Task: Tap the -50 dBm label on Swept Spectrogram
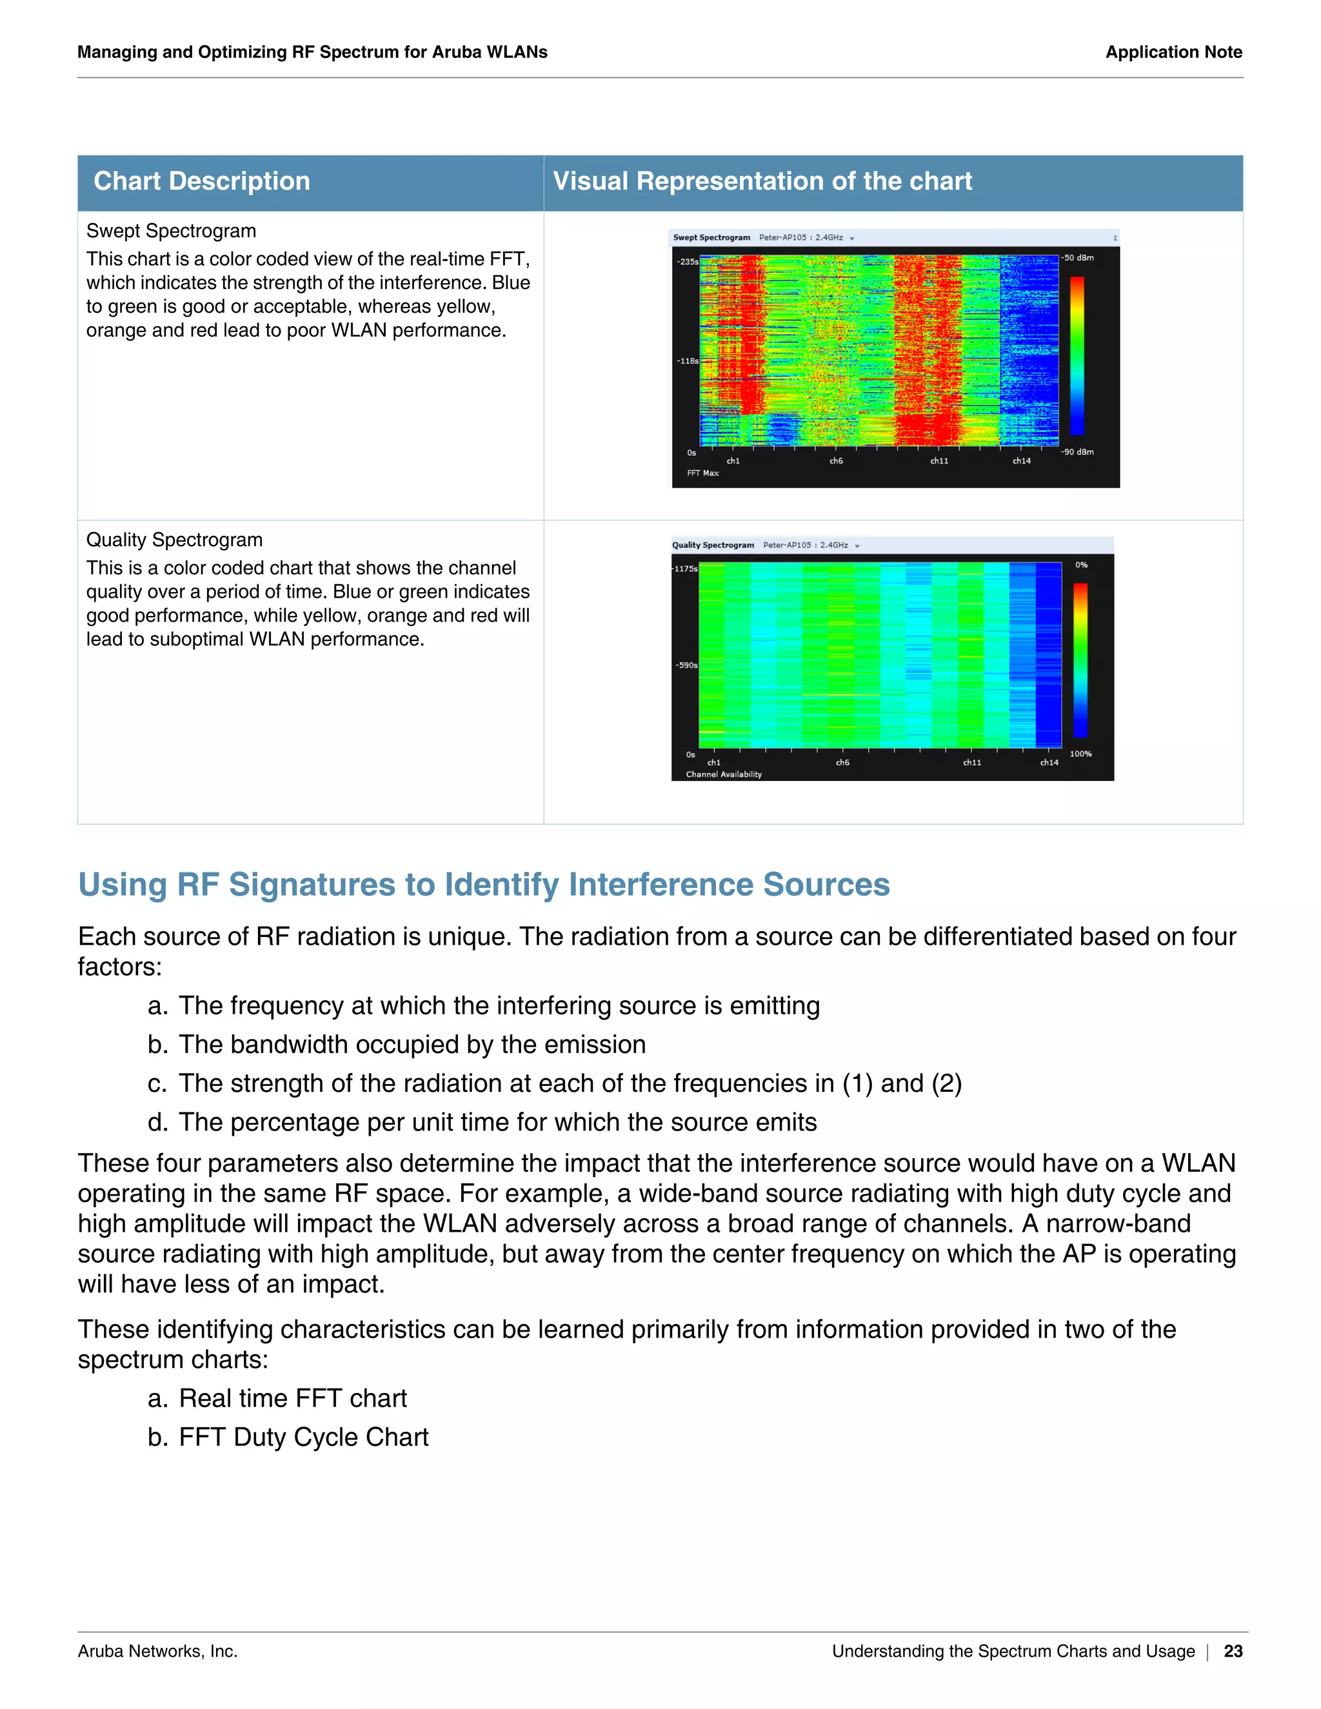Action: [x=1078, y=257]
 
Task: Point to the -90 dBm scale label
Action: [x=1078, y=451]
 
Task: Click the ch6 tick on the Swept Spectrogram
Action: [x=836, y=461]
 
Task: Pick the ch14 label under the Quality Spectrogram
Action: [x=1049, y=762]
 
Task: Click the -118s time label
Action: [x=687, y=361]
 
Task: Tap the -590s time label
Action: [x=686, y=665]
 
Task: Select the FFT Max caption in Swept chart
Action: [x=703, y=473]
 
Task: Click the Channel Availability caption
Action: [x=723, y=775]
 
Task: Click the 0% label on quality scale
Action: [x=1081, y=565]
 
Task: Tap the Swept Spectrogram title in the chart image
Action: [x=711, y=237]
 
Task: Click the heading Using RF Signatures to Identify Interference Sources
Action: [x=484, y=885]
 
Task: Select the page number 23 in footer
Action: [x=1233, y=1651]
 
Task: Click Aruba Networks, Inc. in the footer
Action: [x=157, y=1651]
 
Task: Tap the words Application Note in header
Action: [x=1173, y=52]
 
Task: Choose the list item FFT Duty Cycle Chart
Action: [x=303, y=1437]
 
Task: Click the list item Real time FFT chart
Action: [x=293, y=1398]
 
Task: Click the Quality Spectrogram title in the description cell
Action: [x=174, y=540]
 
